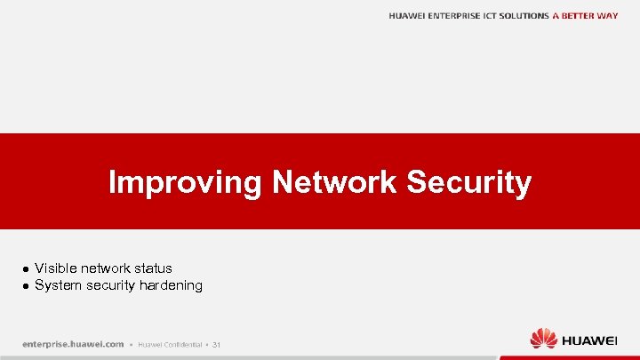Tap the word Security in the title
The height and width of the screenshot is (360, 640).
(469, 183)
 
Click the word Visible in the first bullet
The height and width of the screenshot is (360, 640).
(55, 268)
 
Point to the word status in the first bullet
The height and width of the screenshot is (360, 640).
(154, 268)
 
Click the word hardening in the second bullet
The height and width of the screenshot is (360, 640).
(172, 285)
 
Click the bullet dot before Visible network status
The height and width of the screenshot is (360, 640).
(27, 268)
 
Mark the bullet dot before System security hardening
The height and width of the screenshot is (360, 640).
(27, 286)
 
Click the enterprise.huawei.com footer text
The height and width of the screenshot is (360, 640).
(73, 344)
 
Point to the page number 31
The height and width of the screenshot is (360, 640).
(216, 345)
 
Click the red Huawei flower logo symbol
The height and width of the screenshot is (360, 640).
(543, 339)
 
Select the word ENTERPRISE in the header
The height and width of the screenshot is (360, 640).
(459, 16)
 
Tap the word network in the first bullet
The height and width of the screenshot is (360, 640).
(105, 268)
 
